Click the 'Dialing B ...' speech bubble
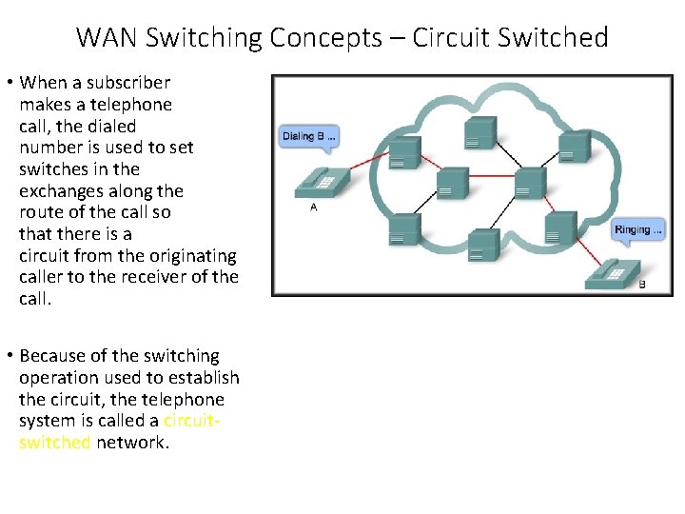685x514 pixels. [307, 136]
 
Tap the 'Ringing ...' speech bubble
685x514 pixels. [638, 230]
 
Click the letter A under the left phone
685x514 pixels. [314, 207]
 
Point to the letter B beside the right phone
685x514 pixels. [642, 285]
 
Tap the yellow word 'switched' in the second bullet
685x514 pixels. [54, 443]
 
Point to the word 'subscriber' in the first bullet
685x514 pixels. [122, 82]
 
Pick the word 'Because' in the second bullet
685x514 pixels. [51, 356]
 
